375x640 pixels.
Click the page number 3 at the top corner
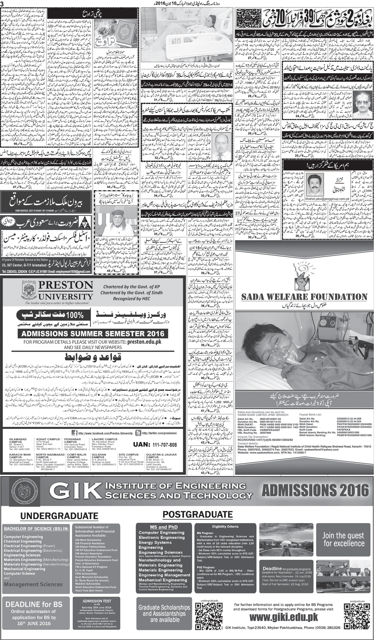click(2, 4)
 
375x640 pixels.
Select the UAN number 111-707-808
click(155, 445)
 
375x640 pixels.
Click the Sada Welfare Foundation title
click(304, 297)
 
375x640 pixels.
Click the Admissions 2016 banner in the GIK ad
click(315, 490)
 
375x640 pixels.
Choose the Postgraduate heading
click(192, 514)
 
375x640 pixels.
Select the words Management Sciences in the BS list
click(33, 584)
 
